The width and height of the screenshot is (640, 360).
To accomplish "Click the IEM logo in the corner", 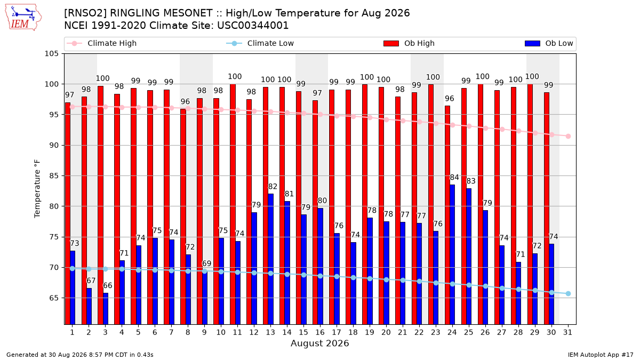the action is pyautogui.click(x=23, y=18).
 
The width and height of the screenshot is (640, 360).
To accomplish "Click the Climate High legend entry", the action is pyautogui.click(x=101, y=43).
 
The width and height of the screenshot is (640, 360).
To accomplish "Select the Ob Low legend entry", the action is pyautogui.click(x=549, y=43).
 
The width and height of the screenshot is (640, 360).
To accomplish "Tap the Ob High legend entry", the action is pyautogui.click(x=409, y=43).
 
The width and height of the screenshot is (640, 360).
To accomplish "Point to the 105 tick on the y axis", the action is pyautogui.click(x=51, y=54).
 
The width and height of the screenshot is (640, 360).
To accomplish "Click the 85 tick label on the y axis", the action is pyautogui.click(x=53, y=175).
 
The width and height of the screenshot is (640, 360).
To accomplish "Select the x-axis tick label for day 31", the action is pyautogui.click(x=567, y=333).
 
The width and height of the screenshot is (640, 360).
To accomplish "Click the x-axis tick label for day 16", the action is pyautogui.click(x=320, y=333).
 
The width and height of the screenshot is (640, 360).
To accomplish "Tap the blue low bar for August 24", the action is pyautogui.click(x=452, y=254).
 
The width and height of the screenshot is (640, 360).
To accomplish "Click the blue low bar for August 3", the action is pyautogui.click(x=106, y=309).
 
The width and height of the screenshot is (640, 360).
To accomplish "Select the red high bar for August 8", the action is pyautogui.click(x=183, y=217).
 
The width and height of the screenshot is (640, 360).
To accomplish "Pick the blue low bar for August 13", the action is pyautogui.click(x=270, y=259).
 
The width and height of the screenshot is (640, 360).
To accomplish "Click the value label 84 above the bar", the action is pyautogui.click(x=454, y=178).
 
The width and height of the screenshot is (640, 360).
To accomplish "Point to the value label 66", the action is pyautogui.click(x=107, y=285).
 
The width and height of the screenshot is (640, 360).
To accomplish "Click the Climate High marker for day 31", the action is pyautogui.click(x=568, y=137).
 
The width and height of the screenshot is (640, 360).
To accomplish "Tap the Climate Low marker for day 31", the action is pyautogui.click(x=568, y=294).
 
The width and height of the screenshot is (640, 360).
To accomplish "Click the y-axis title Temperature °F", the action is pyautogui.click(x=37, y=189).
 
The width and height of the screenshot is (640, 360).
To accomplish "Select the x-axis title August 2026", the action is pyautogui.click(x=319, y=343).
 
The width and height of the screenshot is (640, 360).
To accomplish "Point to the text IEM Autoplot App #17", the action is pyautogui.click(x=601, y=355).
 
